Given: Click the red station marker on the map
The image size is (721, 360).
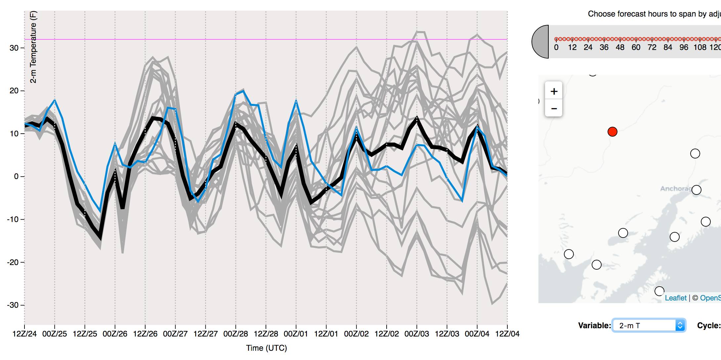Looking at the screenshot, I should tap(612, 132).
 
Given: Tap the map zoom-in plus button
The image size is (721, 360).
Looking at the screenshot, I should tap(554, 91).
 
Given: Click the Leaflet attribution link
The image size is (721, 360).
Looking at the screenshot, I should tap(675, 298).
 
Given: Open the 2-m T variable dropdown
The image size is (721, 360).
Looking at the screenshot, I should tap(649, 326).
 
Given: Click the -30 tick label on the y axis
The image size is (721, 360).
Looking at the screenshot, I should tap(13, 305).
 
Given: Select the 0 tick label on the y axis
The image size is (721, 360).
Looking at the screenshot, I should tap(16, 177).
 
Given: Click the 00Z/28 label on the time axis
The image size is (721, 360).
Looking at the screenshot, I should tap(235, 334).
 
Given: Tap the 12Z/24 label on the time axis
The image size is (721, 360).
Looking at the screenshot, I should tap(24, 334).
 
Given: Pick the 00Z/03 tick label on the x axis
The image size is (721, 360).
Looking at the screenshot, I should tap(417, 334).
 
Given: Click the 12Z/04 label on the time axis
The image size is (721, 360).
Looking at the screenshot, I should tap(507, 334).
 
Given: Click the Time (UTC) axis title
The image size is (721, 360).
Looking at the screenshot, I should tap(266, 348).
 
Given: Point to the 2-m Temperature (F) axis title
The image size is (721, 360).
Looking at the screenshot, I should tap(33, 47).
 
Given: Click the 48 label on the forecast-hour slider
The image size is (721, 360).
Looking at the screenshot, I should tap(620, 48).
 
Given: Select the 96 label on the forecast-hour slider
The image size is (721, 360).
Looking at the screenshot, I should tap(684, 48).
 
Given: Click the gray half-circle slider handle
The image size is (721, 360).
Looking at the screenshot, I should tap(540, 42).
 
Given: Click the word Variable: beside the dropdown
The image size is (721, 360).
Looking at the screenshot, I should tap(594, 326).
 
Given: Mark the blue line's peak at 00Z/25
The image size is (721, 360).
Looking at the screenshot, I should tap(55, 100).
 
